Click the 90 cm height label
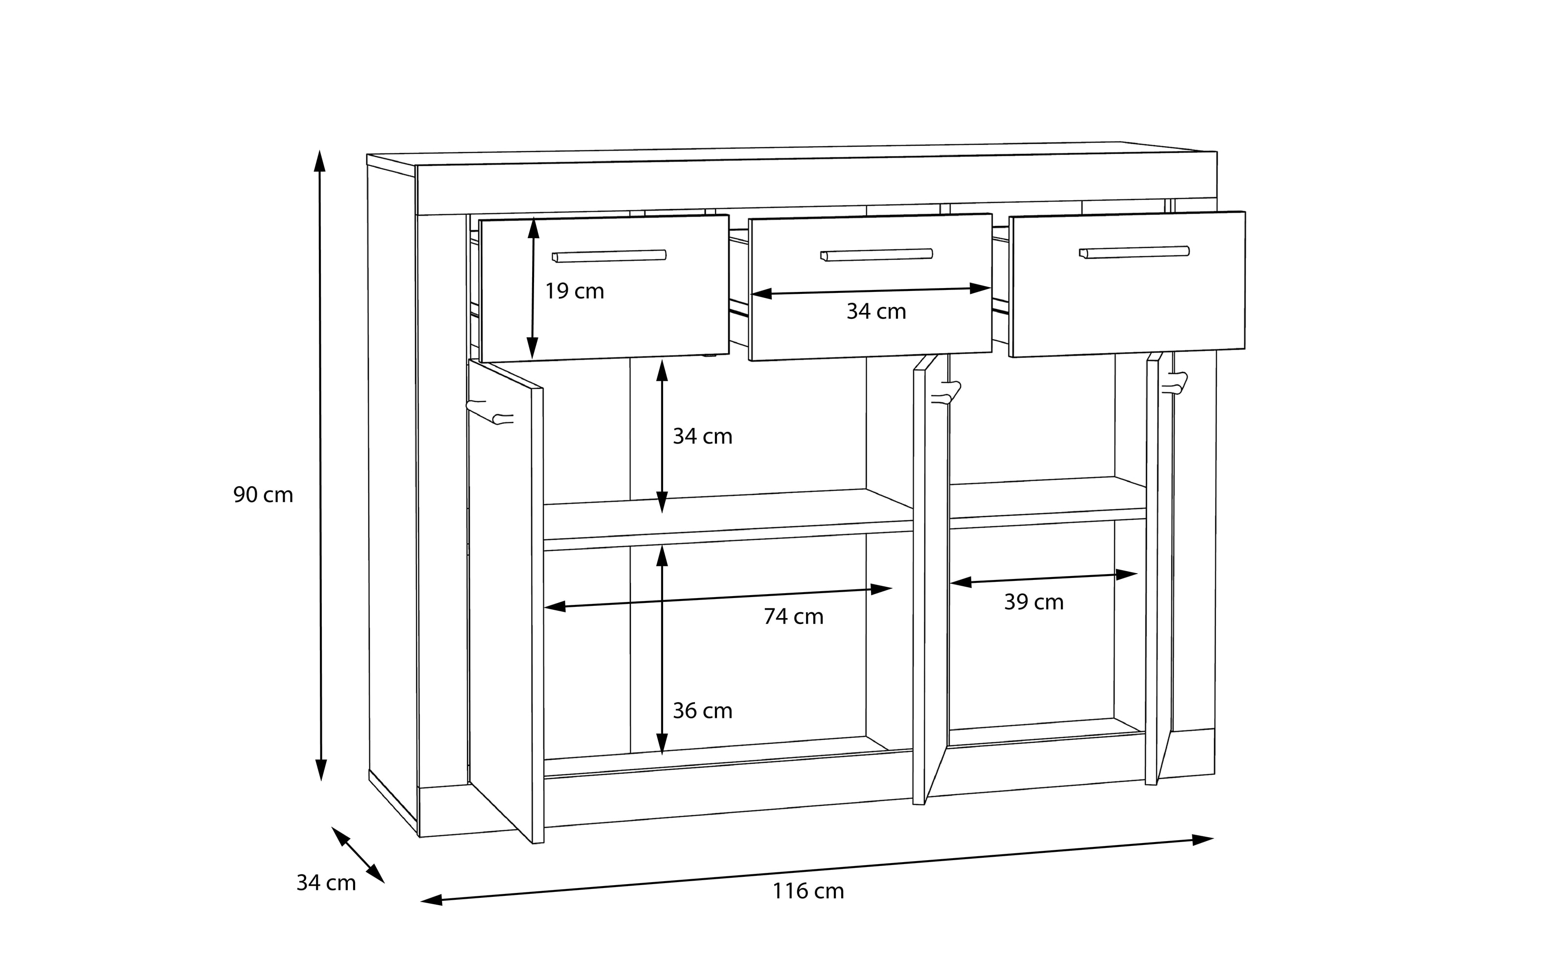click(x=263, y=495)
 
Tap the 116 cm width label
click(x=808, y=891)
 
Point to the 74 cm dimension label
click(x=793, y=617)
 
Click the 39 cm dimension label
click(x=1033, y=602)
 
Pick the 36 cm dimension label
click(x=702, y=711)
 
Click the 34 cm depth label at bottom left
click(x=326, y=883)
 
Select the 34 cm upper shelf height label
click(x=702, y=437)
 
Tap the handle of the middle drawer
click(x=876, y=255)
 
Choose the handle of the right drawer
click(x=1134, y=252)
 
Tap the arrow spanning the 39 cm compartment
click(x=1043, y=578)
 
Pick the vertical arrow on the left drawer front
click(x=533, y=288)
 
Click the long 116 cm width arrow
click(x=817, y=870)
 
